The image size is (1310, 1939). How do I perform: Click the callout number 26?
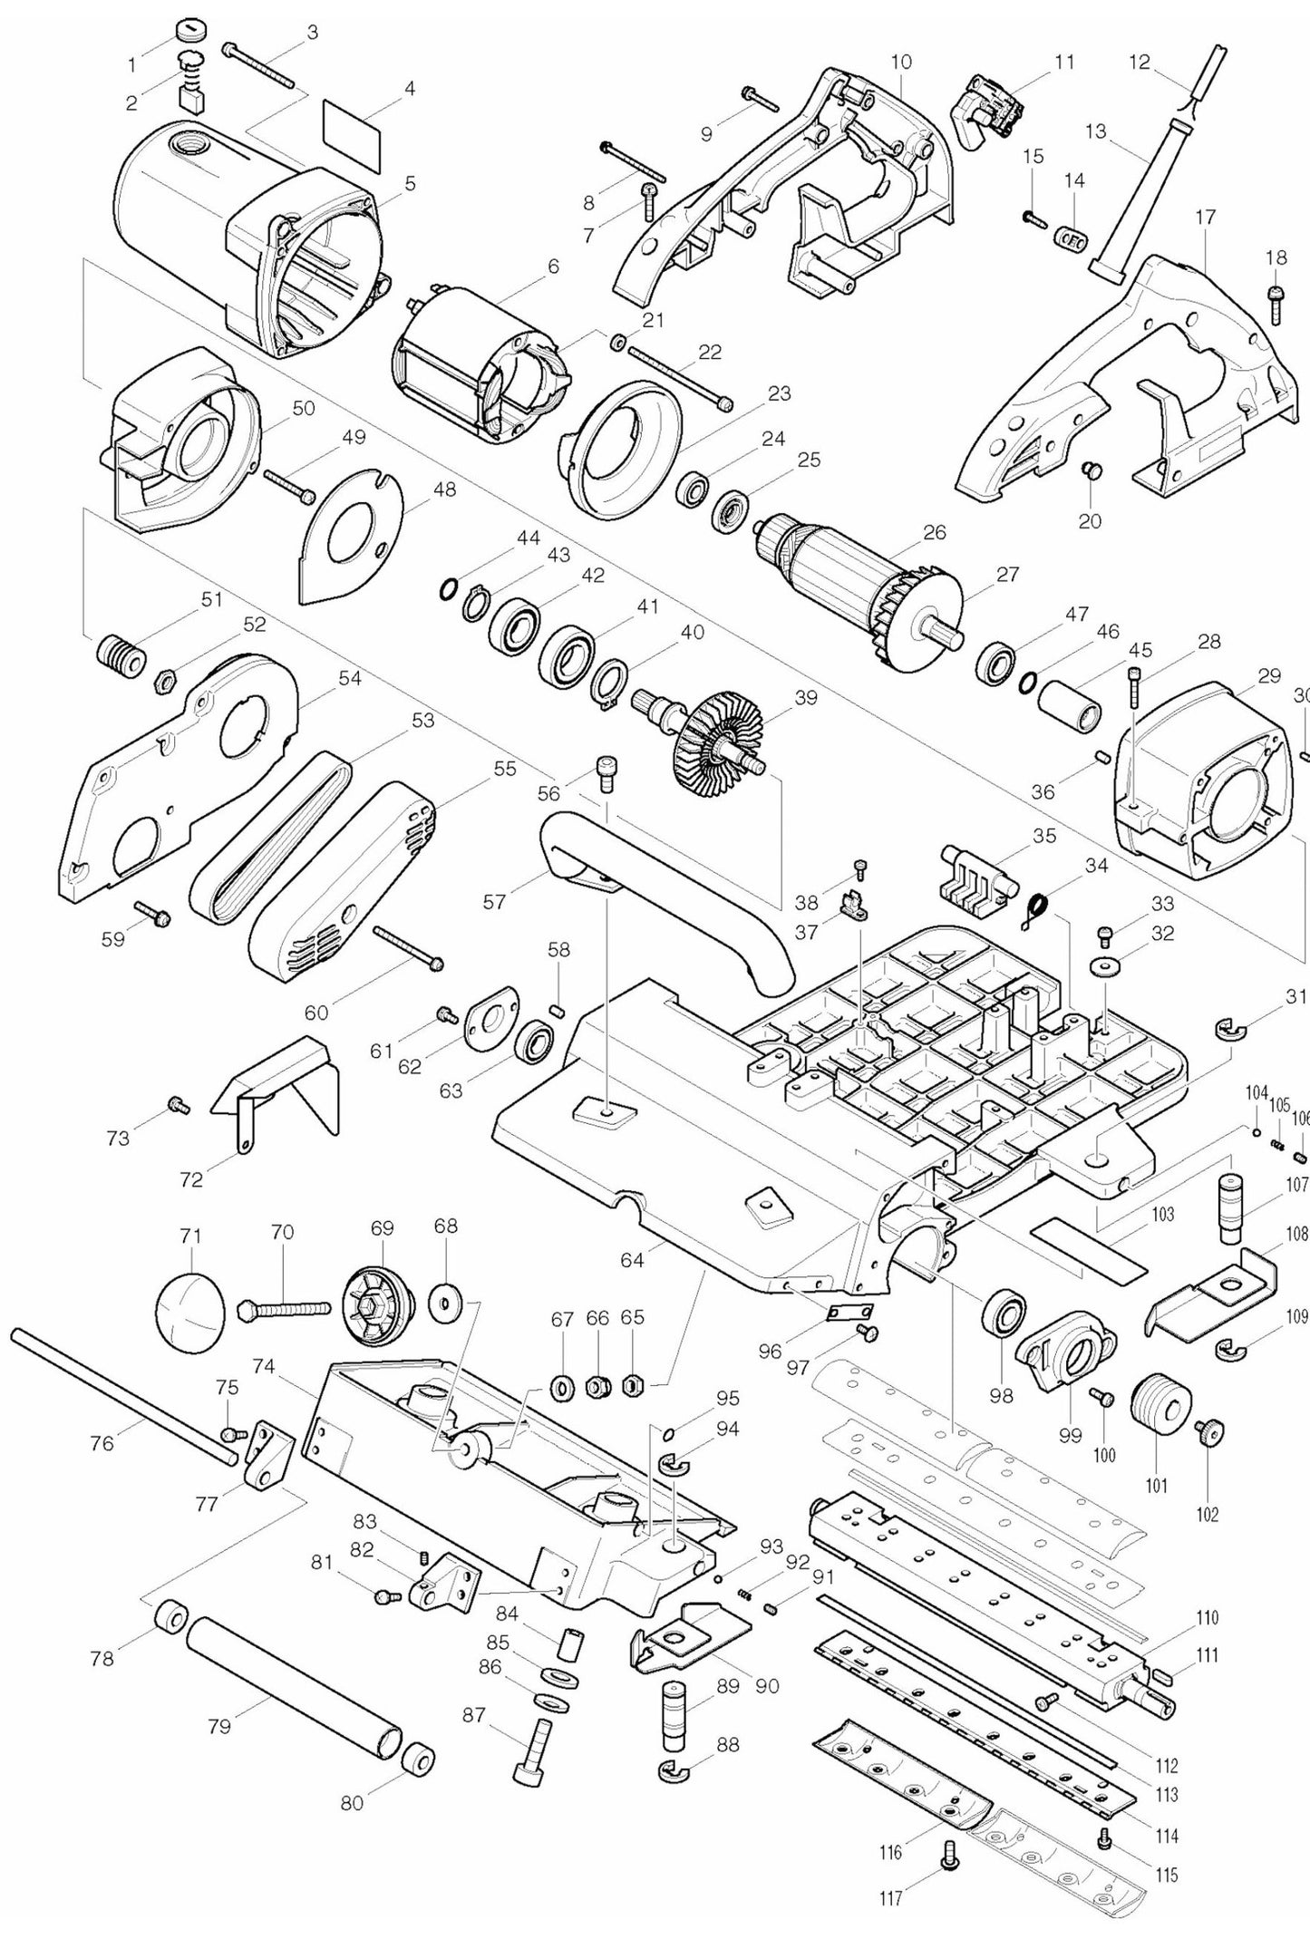click(x=934, y=532)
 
